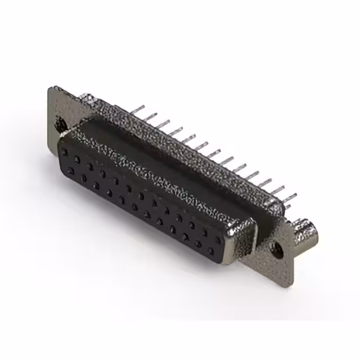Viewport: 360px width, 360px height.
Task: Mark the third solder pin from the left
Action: click(x=163, y=121)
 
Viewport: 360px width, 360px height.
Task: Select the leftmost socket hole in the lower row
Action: click(x=70, y=170)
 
